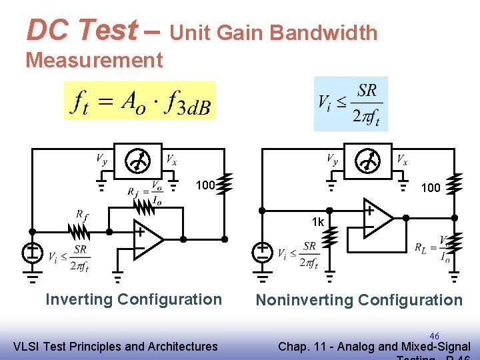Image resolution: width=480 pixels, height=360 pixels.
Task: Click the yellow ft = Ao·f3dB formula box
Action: (140, 101)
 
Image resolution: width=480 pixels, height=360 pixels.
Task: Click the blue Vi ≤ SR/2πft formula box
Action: (351, 103)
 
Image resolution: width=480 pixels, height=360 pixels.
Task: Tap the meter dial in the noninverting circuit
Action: (367, 160)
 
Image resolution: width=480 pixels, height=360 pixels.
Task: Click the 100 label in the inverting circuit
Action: (205, 185)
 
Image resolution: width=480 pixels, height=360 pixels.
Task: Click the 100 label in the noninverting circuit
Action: (431, 188)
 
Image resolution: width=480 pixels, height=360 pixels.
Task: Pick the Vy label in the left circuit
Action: (101, 159)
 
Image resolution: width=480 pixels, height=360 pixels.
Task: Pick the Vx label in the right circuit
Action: (402, 159)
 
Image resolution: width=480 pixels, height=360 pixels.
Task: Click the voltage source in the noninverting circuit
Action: (263, 252)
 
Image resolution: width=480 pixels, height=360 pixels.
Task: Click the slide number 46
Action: (434, 336)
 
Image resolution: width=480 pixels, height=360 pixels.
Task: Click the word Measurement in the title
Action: (94, 61)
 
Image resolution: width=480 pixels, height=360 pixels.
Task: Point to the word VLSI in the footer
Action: (27, 346)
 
